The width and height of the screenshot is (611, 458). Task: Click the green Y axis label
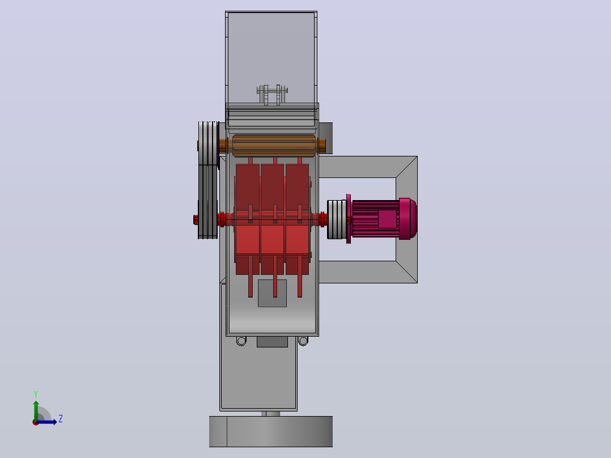(36, 394)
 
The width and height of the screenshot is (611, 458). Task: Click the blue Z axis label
(61, 419)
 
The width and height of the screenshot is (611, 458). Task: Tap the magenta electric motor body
(376, 219)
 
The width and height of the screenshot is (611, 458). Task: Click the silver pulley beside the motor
(337, 219)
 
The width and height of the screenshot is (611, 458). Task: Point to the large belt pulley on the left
(207, 180)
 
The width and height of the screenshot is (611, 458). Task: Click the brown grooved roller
(274, 146)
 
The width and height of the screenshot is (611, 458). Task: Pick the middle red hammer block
(272, 219)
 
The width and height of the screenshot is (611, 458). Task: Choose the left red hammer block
(248, 219)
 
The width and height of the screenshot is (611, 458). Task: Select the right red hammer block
(298, 219)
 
